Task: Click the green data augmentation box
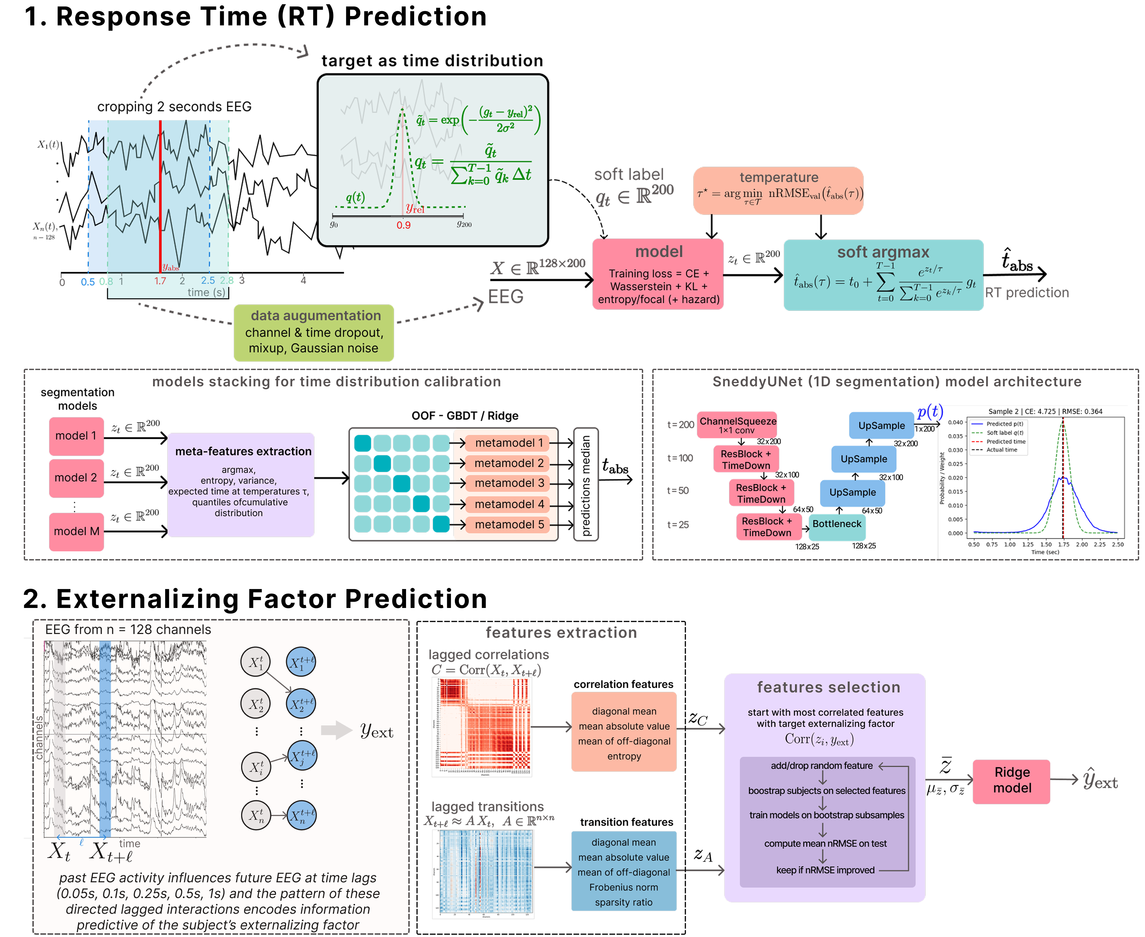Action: [314, 332]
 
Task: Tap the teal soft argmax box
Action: [883, 275]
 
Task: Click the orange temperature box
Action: [778, 190]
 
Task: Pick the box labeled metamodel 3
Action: [509, 483]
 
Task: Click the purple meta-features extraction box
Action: [241, 484]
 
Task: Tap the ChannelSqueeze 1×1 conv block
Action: [737, 425]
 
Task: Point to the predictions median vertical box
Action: [586, 484]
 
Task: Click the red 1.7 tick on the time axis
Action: [161, 281]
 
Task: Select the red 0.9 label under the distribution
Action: [403, 225]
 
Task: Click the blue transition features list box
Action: [624, 871]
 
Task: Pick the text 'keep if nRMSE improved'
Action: [825, 870]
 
